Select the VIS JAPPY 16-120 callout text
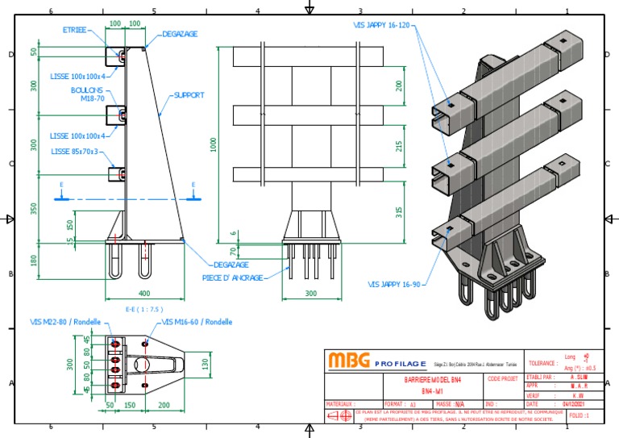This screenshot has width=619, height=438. click(382, 26)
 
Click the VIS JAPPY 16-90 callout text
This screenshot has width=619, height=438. click(395, 284)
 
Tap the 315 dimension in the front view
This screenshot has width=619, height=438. click(399, 212)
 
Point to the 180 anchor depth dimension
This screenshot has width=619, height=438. click(33, 261)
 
